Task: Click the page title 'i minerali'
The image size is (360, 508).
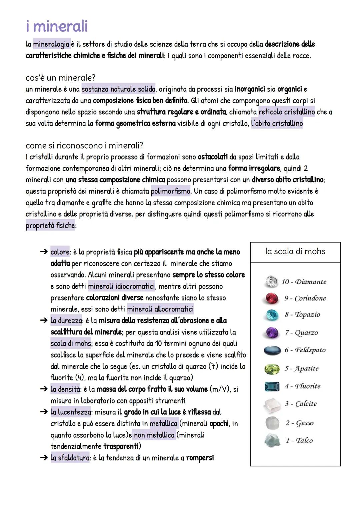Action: tap(57, 26)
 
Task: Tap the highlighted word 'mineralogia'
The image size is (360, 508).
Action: tap(52, 44)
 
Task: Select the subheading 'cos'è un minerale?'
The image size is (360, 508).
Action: tap(60, 78)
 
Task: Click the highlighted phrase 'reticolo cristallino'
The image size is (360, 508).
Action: tap(286, 112)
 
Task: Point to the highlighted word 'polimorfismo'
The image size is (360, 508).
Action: tap(170, 191)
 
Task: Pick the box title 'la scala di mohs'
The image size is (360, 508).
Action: tap(295, 252)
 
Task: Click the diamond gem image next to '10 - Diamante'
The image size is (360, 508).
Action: tap(271, 281)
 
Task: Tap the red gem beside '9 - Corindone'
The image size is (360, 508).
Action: tap(272, 298)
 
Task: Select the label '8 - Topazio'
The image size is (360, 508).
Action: tap(302, 314)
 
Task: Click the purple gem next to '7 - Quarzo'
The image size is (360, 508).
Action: tap(272, 332)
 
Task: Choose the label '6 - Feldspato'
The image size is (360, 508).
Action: tap(305, 350)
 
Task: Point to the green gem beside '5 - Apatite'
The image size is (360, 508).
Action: tap(272, 369)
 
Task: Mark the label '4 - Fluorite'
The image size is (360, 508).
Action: tap(302, 386)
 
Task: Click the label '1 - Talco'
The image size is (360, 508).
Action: tap(299, 440)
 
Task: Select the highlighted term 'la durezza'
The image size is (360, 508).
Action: tap(66, 321)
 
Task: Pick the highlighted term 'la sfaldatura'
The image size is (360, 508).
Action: tap(70, 458)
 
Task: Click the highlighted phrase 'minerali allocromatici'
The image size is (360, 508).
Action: tap(160, 309)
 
